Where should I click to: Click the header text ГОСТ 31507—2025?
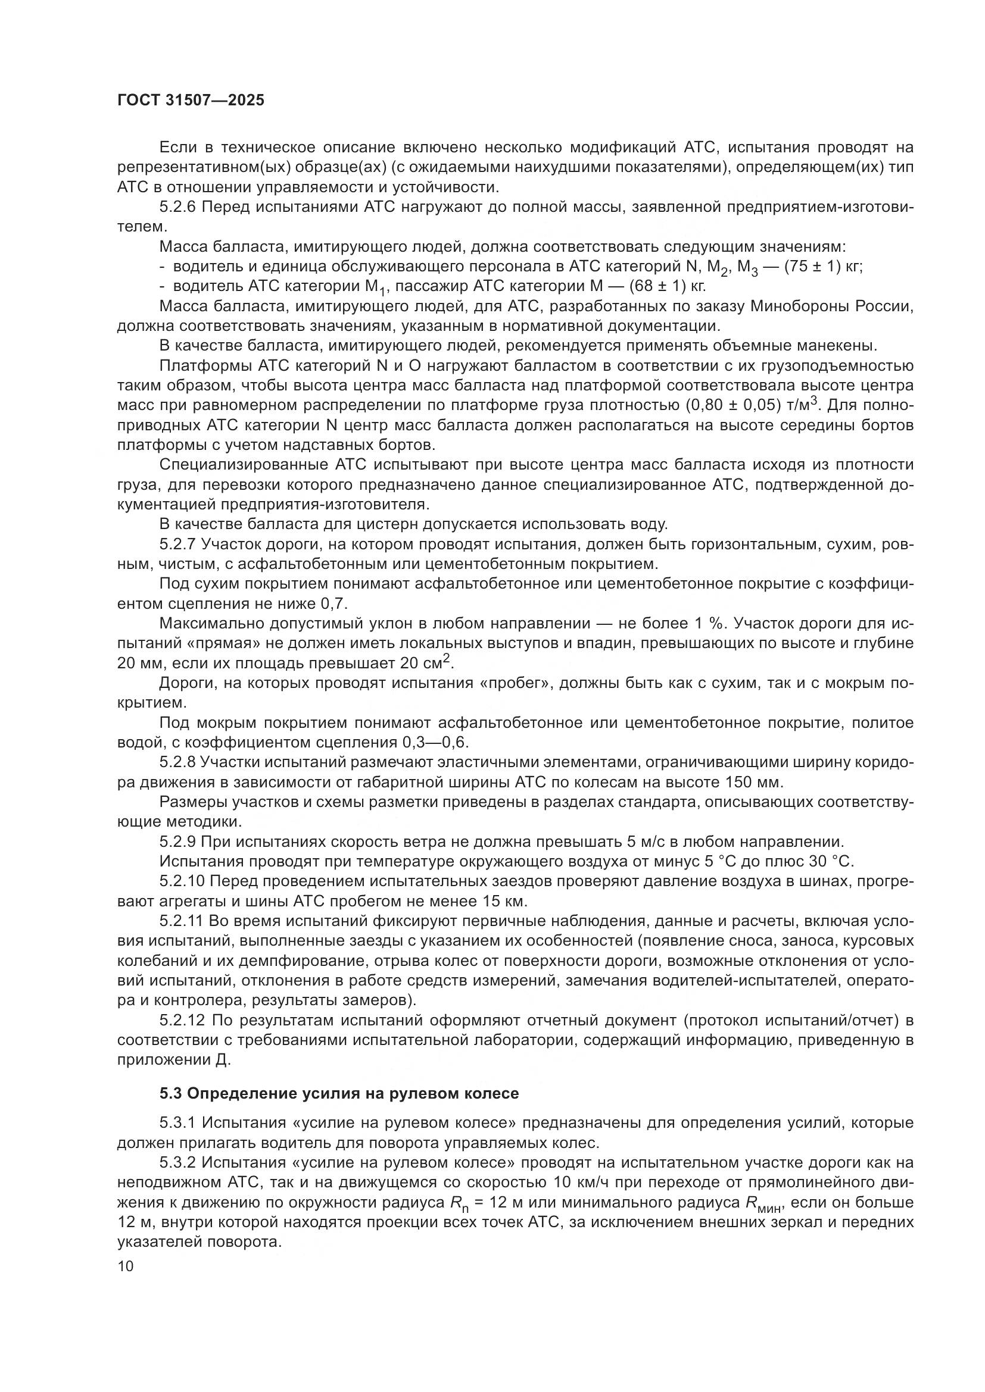191,101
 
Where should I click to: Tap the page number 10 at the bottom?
126,1266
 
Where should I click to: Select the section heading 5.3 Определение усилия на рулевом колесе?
339,1093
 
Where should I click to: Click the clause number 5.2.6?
177,207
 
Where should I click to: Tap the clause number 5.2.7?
177,544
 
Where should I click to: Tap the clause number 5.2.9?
177,842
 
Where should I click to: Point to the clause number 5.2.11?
181,921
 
